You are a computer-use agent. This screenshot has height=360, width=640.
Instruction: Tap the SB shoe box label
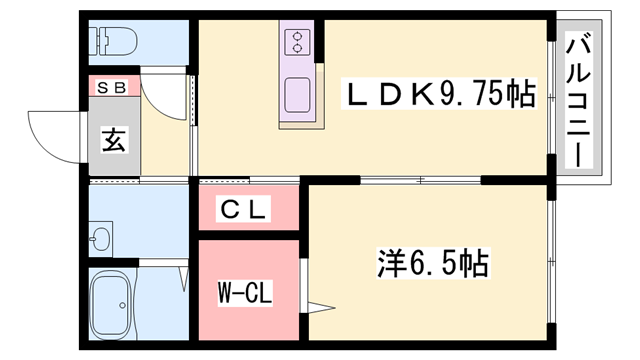(112, 87)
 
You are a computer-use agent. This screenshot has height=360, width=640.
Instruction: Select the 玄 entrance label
(112, 140)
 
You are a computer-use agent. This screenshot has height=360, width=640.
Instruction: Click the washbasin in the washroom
(100, 238)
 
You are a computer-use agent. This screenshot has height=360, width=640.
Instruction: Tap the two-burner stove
(297, 41)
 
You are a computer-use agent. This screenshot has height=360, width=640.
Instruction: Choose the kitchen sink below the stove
(297, 95)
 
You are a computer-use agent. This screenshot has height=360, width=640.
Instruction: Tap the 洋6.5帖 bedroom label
(433, 264)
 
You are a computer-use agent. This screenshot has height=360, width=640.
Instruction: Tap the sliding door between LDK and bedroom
(420, 181)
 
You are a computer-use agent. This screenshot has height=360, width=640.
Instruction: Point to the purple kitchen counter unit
(297, 75)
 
